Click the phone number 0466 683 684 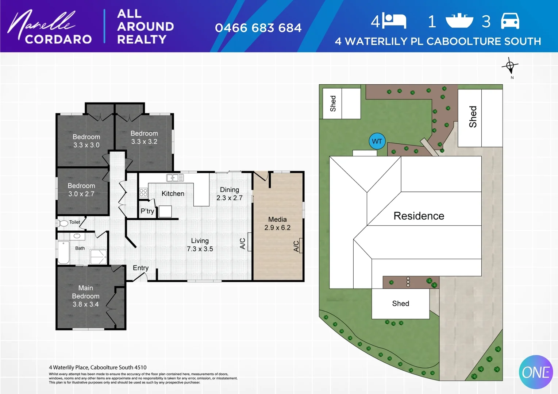click(x=258, y=28)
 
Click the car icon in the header click(x=510, y=21)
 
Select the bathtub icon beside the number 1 click(x=459, y=21)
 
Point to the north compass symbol click(x=510, y=66)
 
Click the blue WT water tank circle click(x=377, y=141)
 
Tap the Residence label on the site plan click(x=419, y=216)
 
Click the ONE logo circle click(x=535, y=372)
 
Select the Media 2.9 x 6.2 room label click(x=277, y=224)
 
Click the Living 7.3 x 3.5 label click(x=200, y=245)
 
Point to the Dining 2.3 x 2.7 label click(x=229, y=194)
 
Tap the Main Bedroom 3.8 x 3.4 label click(x=85, y=296)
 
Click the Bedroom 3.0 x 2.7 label click(x=81, y=190)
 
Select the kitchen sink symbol click(x=175, y=178)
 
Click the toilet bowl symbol click(x=63, y=223)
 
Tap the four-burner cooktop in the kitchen click(x=143, y=192)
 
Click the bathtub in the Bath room click(x=64, y=252)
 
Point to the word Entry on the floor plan click(x=141, y=268)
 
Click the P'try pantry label click(x=147, y=211)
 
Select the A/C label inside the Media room click(x=296, y=246)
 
